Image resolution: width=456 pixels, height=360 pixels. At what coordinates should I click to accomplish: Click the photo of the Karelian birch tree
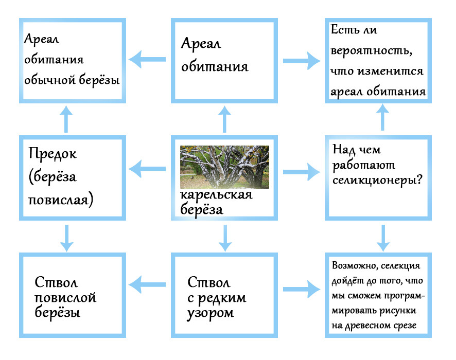coord(224,167)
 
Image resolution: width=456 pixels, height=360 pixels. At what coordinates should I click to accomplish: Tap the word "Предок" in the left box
coord(52,153)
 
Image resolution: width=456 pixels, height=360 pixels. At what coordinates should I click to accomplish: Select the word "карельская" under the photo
coord(216,195)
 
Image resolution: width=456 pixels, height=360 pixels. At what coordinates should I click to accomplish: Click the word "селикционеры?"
coord(377,181)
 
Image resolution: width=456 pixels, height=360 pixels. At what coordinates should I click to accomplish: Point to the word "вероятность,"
coord(372,51)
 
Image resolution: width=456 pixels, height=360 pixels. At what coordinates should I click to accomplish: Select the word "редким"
coord(222,298)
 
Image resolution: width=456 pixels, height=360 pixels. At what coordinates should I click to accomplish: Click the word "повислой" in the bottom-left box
coord(65,298)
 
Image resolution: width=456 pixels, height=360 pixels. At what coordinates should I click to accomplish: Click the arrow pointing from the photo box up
coord(224,119)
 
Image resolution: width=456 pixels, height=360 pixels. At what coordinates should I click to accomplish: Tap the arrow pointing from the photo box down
coord(225,238)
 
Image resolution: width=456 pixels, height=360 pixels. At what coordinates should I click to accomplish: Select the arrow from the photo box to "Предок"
coord(147,169)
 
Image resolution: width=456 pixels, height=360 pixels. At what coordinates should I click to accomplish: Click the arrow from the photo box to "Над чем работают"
coord(302,172)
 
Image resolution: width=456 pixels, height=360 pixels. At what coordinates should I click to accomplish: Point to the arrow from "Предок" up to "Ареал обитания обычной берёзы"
coord(66,119)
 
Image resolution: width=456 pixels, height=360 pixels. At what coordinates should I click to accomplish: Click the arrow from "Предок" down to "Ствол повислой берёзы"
coord(66,238)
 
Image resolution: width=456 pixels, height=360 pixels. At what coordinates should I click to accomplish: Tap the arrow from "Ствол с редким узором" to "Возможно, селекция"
coord(302,289)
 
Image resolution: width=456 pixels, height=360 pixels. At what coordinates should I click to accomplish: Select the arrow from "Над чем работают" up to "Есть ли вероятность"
coord(383,117)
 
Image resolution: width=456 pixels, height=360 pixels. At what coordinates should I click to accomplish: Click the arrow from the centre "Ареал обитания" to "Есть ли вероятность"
coord(302,61)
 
